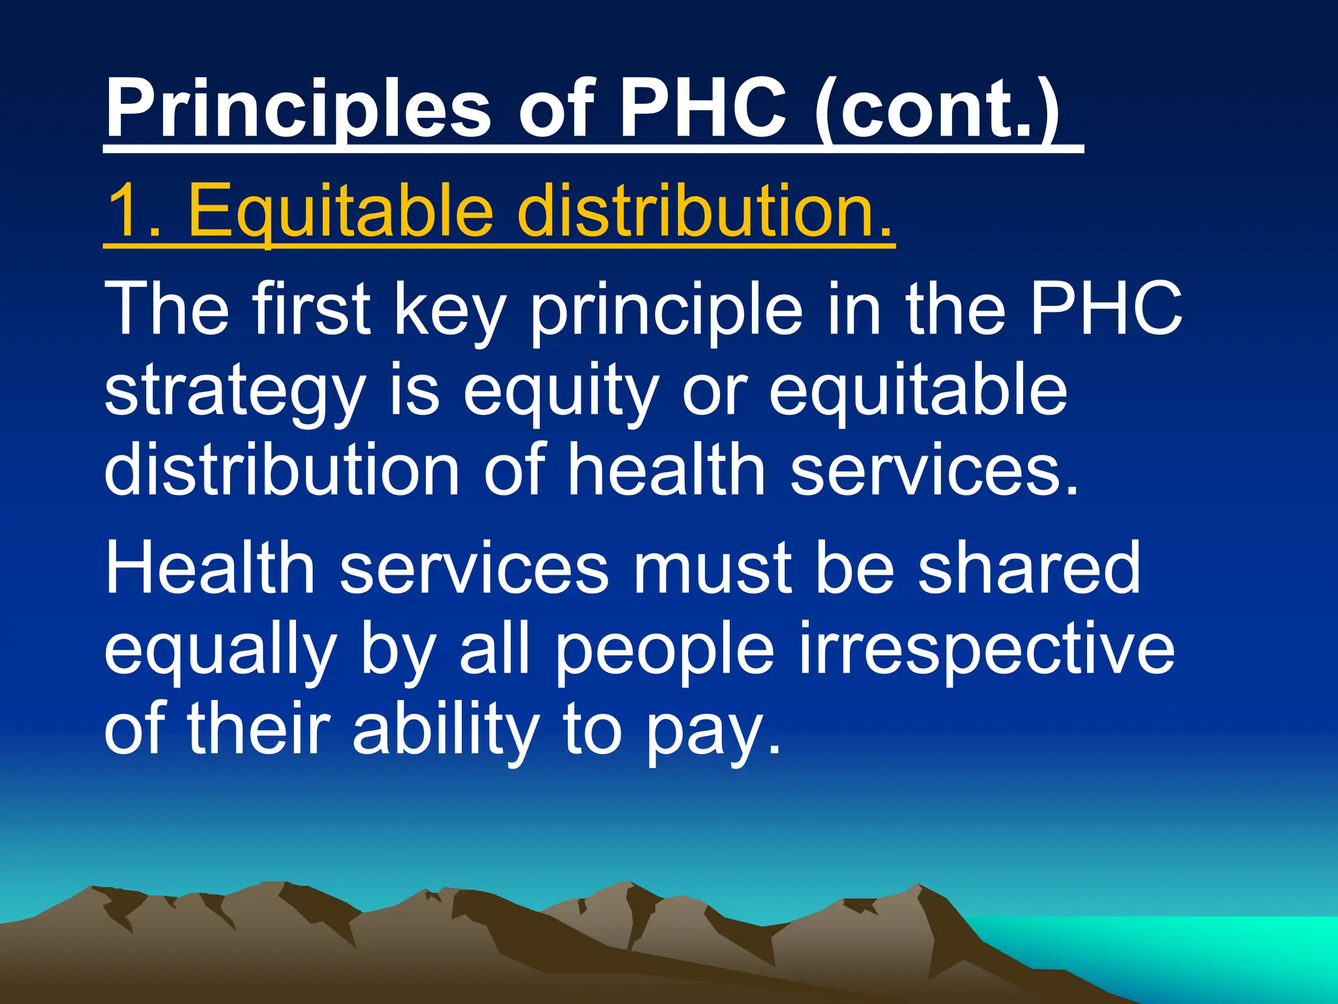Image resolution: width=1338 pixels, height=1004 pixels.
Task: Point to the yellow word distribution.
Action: click(x=706, y=210)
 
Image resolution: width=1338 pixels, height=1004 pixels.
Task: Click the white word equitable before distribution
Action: click(x=918, y=392)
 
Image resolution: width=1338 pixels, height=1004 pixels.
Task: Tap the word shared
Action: click(x=1029, y=567)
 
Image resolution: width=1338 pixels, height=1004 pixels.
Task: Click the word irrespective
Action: click(x=987, y=650)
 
